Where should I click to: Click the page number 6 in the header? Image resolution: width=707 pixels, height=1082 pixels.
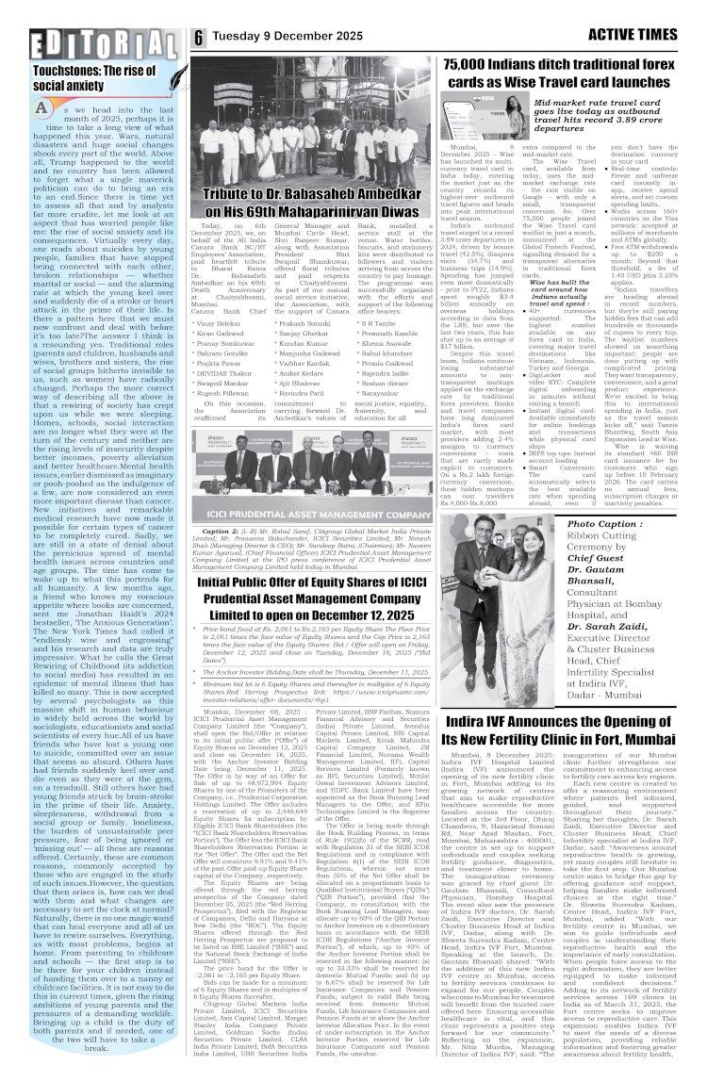click(199, 38)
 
